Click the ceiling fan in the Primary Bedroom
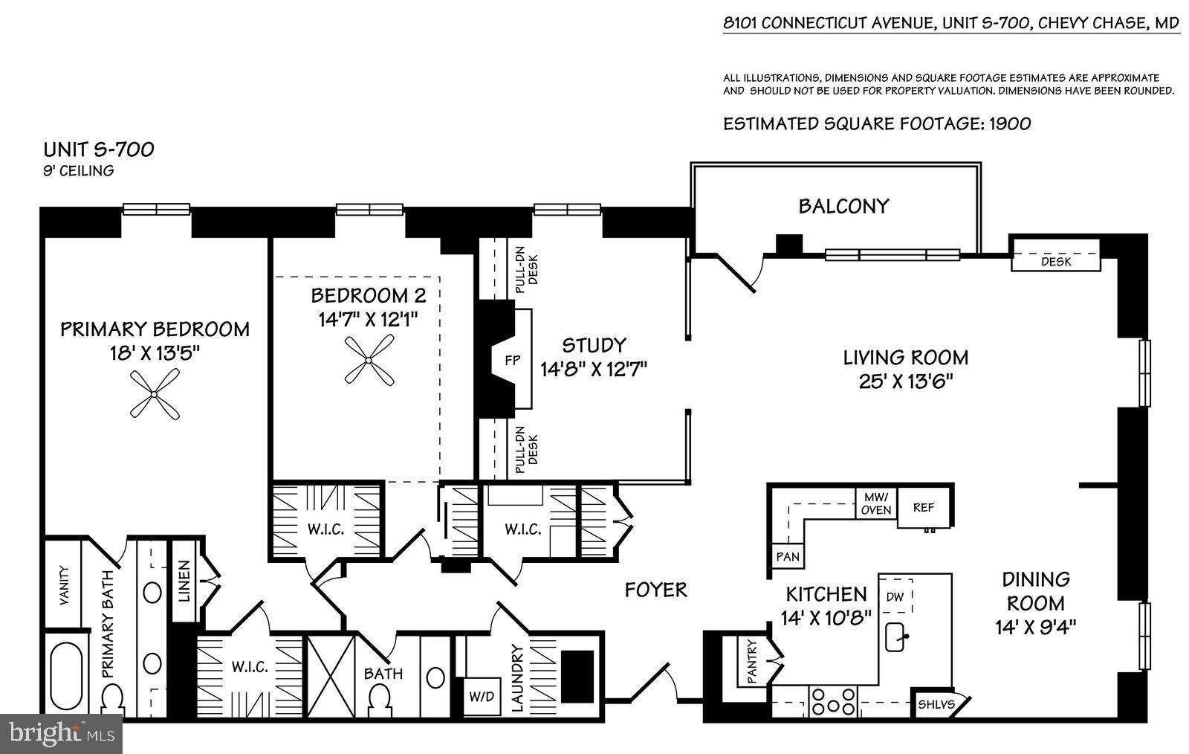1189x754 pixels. [x=155, y=394]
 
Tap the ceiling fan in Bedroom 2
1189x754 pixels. [x=369, y=360]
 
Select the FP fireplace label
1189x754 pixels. [x=512, y=360]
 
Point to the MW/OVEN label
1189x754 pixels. [x=876, y=503]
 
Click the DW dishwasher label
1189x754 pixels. [x=895, y=597]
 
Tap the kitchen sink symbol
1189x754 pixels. [x=896, y=636]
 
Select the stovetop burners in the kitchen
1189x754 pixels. [x=833, y=701]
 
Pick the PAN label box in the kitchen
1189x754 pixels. [x=788, y=556]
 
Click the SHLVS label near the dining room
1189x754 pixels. [x=937, y=705]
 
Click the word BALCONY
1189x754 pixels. [x=843, y=206]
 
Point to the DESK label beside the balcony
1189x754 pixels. [x=1056, y=261]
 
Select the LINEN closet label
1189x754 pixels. [x=184, y=581]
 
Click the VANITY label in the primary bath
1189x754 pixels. [x=64, y=586]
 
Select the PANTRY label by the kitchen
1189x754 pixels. [x=751, y=662]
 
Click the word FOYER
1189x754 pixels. [x=655, y=590]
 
